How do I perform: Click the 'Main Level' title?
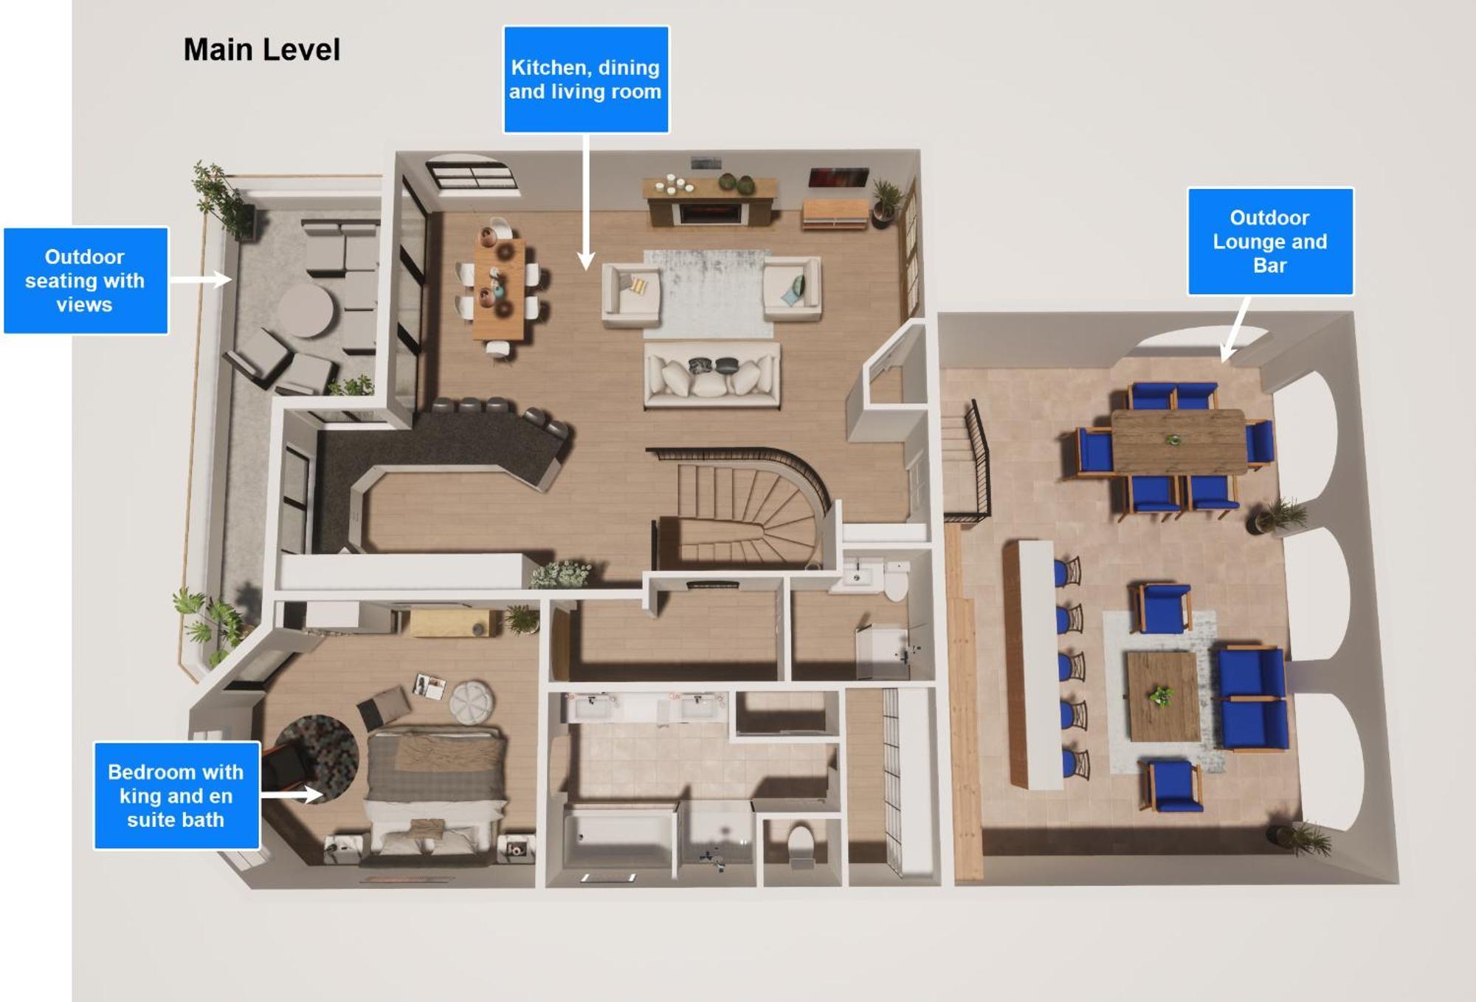[x=261, y=50]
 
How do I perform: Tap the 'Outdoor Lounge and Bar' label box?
[x=1270, y=241]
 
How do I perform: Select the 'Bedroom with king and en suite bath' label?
[x=176, y=795]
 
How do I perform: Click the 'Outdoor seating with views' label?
[x=85, y=281]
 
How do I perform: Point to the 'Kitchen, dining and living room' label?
[x=586, y=80]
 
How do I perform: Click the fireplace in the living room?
[x=710, y=213]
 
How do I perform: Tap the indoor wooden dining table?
[x=500, y=288]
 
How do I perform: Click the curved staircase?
[x=745, y=509]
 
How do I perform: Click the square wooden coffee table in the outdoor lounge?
[x=1163, y=696]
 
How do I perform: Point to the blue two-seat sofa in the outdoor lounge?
[x=1253, y=698]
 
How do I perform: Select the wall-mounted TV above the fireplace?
[x=838, y=177]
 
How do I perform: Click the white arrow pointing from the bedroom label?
[x=292, y=795]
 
